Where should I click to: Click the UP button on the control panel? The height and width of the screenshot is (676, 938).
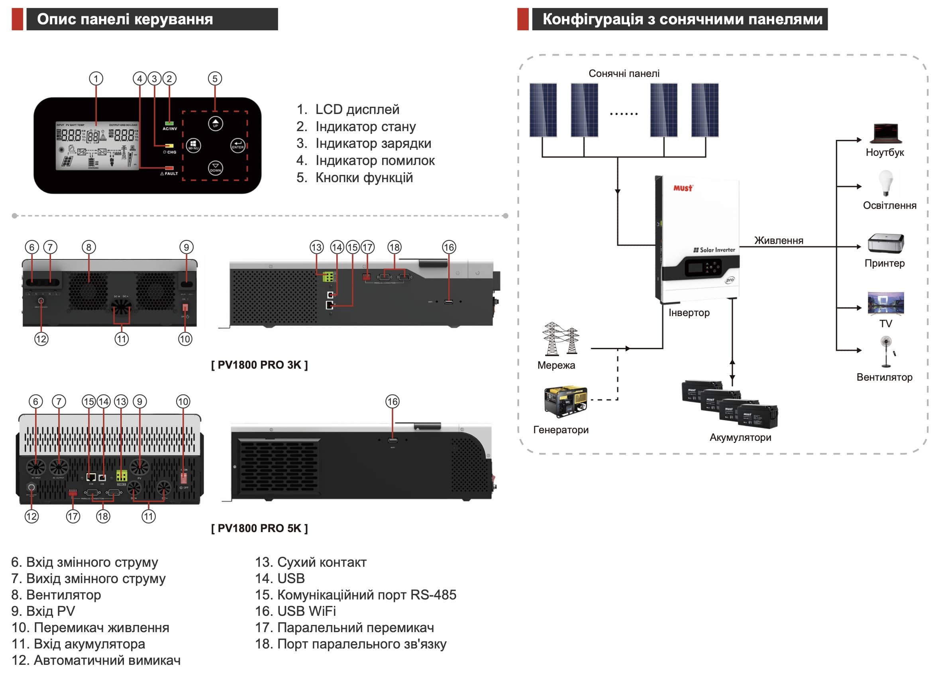pyautogui.click(x=215, y=123)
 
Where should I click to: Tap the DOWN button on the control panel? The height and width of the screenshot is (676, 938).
pyautogui.click(x=215, y=168)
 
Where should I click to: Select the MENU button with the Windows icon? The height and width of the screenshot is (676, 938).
pyautogui.click(x=193, y=145)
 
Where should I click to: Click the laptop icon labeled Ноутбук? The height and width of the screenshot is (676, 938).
pyautogui.click(x=885, y=134)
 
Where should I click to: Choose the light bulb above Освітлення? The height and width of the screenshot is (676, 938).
pyautogui.click(x=885, y=183)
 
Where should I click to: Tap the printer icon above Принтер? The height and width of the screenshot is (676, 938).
pyautogui.click(x=885, y=243)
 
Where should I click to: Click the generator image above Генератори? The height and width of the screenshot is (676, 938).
pyautogui.click(x=565, y=401)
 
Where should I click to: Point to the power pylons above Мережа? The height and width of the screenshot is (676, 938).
pyautogui.click(x=560, y=338)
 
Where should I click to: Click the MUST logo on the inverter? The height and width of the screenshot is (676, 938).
pyautogui.click(x=683, y=188)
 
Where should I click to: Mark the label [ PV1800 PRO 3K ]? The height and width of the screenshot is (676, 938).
pyautogui.click(x=259, y=365)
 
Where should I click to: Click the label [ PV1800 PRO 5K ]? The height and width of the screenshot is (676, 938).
pyautogui.click(x=259, y=528)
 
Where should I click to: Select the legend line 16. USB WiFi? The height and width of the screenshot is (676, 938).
pyautogui.click(x=295, y=611)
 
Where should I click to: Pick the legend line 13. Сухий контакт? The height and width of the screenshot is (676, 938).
pyautogui.click(x=310, y=562)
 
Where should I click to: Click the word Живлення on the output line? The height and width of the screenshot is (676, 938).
pyautogui.click(x=778, y=240)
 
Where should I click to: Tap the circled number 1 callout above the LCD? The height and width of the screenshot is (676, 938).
pyautogui.click(x=96, y=79)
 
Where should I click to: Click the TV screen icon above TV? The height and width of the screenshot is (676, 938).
pyautogui.click(x=885, y=303)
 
